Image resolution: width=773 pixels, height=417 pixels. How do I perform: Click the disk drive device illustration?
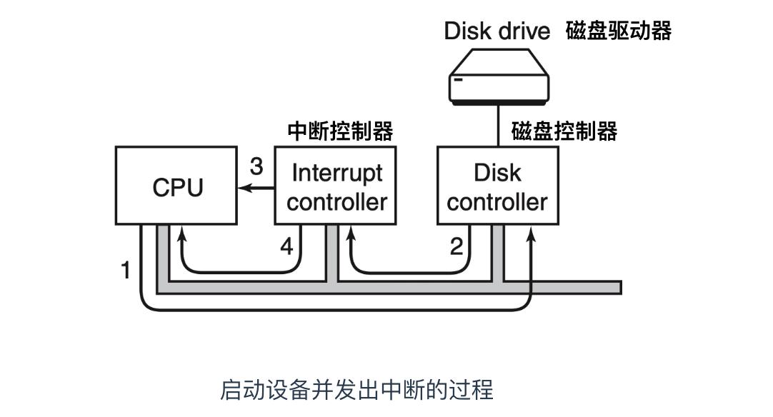click(x=499, y=78)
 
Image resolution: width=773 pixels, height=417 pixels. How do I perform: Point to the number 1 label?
click(x=126, y=271)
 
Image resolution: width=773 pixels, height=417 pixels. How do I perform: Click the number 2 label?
click(x=456, y=247)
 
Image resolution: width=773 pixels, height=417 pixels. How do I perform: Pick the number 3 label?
click(x=256, y=166)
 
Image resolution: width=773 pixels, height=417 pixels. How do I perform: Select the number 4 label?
click(x=286, y=247)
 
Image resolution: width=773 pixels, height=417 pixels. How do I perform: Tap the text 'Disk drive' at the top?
click(x=497, y=31)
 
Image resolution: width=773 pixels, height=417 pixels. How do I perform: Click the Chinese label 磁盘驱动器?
click(x=619, y=31)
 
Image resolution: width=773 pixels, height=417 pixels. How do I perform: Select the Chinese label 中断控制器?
click(x=340, y=131)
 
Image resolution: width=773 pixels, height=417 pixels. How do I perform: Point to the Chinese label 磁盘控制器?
click(x=564, y=131)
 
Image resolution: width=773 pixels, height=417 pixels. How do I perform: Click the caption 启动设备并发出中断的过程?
click(x=356, y=390)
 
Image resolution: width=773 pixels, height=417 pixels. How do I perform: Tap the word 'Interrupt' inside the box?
click(x=337, y=173)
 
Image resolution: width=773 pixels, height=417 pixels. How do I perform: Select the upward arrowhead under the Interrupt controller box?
click(x=350, y=233)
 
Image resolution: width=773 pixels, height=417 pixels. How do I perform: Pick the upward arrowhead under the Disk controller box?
click(x=531, y=233)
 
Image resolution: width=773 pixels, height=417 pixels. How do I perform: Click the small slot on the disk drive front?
click(x=458, y=80)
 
